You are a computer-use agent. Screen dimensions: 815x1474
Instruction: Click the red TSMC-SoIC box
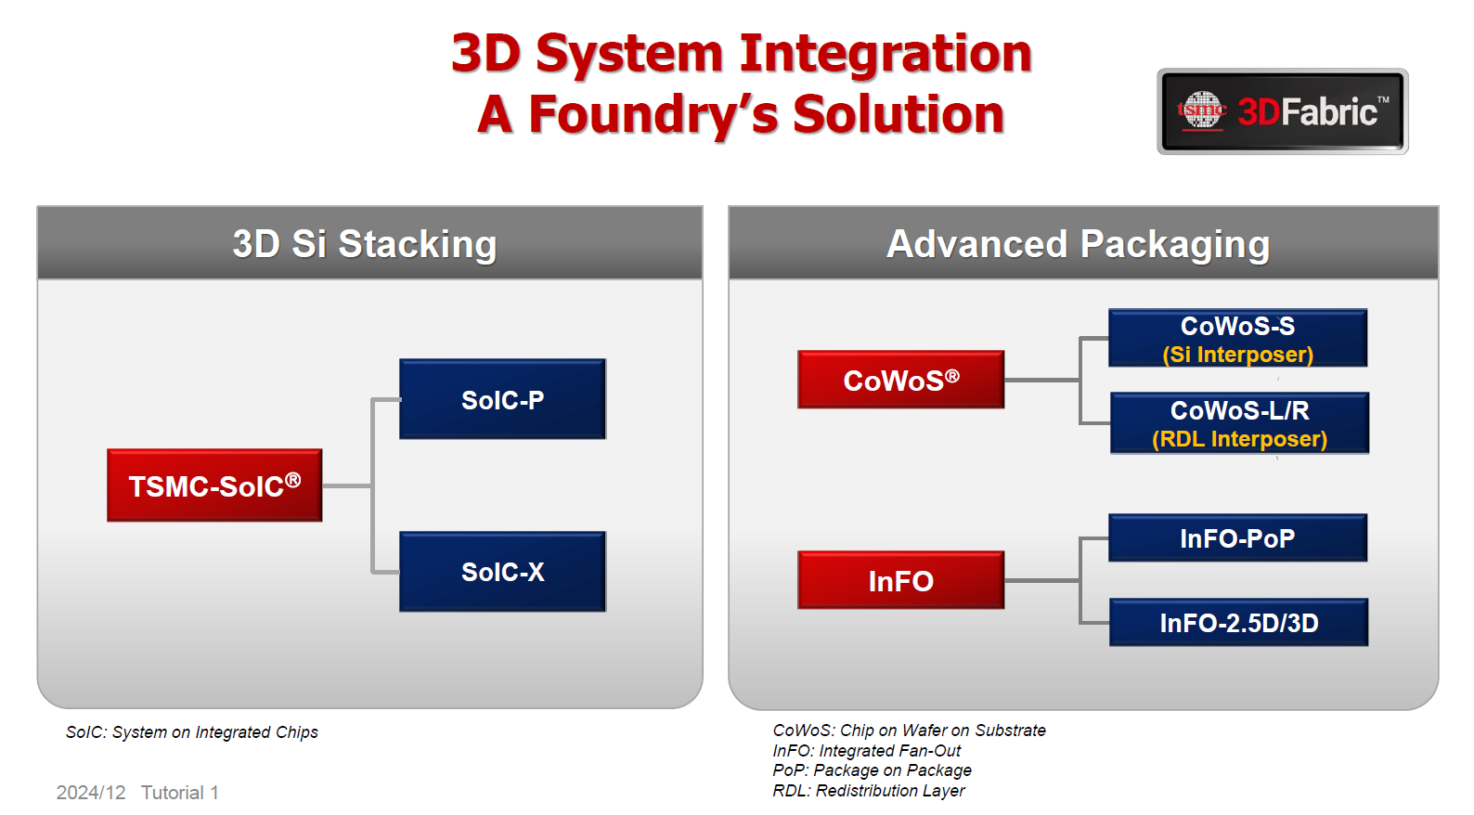coord(214,485)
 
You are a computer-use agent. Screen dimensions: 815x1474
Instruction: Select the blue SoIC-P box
coord(502,399)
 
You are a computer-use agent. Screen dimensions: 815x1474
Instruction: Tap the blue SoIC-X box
coord(502,572)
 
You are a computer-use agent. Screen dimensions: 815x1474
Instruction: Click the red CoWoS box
coord(900,380)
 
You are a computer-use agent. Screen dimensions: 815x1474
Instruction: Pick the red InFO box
coord(900,580)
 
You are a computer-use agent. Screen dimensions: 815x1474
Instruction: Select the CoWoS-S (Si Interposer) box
coord(1237,339)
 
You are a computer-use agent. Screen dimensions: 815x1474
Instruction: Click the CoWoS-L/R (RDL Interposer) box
coord(1239,423)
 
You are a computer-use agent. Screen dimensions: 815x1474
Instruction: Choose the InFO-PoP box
coord(1237,538)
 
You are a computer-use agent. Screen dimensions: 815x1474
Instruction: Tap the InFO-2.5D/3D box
coord(1238,623)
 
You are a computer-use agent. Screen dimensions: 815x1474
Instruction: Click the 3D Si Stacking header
coord(365,244)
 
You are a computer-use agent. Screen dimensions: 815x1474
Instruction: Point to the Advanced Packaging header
coord(1078,244)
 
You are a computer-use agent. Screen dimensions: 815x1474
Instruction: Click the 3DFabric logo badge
coord(1282,111)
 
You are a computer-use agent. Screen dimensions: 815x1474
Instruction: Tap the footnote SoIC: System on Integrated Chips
coord(192,732)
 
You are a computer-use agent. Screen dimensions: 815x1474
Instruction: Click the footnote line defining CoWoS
coord(909,731)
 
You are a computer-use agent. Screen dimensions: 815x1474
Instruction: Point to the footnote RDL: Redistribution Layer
coord(868,791)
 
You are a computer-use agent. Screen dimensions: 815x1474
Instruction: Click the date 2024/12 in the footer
coord(91,793)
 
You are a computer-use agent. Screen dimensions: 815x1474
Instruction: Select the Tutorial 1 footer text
coord(180,793)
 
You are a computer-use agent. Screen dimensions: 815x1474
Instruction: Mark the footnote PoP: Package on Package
coord(872,770)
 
